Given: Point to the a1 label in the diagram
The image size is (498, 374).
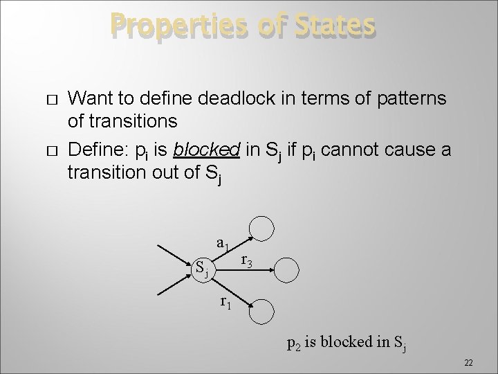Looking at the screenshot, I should (x=222, y=244).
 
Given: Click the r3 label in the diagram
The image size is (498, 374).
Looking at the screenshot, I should (x=246, y=261).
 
